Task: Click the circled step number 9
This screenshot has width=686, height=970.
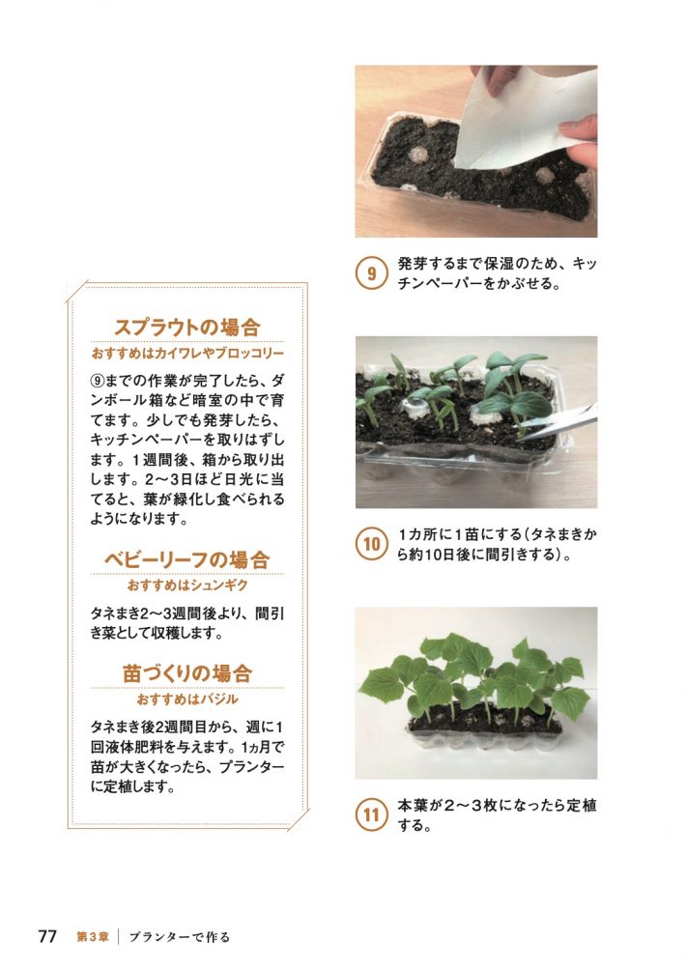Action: (371, 273)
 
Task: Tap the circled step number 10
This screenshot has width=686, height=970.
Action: (371, 545)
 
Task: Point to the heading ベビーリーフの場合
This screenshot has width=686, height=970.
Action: (187, 559)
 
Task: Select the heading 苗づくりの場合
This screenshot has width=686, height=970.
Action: (187, 672)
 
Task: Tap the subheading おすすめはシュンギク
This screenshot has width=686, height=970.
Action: (187, 585)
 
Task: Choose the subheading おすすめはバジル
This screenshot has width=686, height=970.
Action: (187, 698)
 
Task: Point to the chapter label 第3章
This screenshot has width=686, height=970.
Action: (93, 936)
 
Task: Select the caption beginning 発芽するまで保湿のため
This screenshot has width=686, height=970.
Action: (496, 273)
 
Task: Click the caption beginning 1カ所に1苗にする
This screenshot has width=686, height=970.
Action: (496, 545)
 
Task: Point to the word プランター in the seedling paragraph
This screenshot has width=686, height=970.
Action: (248, 766)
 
